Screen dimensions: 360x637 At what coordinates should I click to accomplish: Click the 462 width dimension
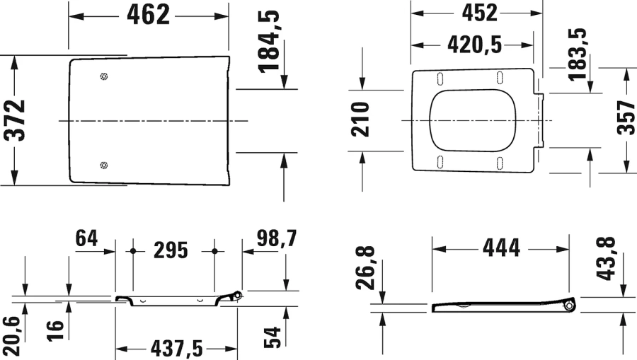click(x=149, y=14)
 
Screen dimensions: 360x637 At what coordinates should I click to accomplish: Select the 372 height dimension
click(x=16, y=121)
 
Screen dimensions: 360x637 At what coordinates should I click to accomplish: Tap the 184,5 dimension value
click(x=269, y=42)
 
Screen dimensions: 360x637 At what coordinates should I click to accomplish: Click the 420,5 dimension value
click(x=474, y=45)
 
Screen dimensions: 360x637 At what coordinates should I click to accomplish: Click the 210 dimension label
click(x=361, y=120)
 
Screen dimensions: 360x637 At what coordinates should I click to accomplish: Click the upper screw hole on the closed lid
click(x=105, y=77)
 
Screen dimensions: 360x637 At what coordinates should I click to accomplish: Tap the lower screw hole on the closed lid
click(x=105, y=166)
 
